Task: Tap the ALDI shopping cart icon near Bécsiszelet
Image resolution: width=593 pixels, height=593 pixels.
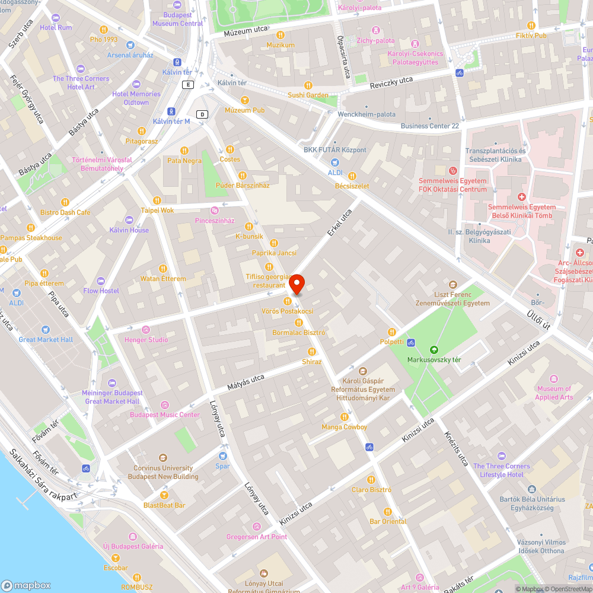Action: click(336, 162)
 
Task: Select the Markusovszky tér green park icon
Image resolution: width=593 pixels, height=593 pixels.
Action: click(434, 350)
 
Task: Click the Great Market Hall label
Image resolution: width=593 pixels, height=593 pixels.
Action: click(46, 340)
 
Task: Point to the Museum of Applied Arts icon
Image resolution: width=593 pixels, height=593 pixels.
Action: click(554, 379)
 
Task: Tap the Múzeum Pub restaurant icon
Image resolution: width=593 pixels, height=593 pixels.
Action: click(245, 100)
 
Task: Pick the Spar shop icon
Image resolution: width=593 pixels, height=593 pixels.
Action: click(223, 456)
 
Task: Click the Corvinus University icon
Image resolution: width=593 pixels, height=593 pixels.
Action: click(163, 458)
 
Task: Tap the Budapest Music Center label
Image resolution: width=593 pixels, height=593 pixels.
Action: click(165, 415)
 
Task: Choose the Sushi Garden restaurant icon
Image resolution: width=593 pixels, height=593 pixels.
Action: click(308, 85)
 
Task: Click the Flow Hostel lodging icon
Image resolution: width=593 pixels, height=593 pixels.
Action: click(101, 280)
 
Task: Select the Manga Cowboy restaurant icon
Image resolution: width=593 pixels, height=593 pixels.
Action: click(344, 417)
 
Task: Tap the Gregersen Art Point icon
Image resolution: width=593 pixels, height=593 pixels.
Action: click(256, 527)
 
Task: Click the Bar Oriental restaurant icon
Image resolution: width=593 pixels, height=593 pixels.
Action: click(388, 511)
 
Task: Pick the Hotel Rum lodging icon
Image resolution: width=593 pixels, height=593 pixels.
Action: click(56, 18)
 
